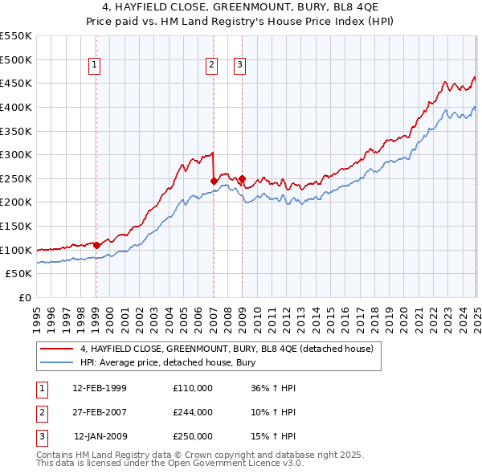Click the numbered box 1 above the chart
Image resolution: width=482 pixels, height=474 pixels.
pos(95,65)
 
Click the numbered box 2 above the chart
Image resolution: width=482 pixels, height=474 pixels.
pos(211,65)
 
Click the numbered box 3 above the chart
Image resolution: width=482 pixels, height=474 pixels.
pos(239,65)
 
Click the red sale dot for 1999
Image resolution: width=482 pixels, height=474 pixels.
pos(96,245)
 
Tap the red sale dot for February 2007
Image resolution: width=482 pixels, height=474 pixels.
pos(214,181)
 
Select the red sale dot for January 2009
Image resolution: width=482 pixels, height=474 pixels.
pos(242,178)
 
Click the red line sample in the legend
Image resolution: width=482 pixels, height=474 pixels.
pos(57,349)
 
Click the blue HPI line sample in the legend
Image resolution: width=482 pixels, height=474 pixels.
pos(57,362)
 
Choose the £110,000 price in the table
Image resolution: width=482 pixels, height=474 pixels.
pos(193,388)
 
